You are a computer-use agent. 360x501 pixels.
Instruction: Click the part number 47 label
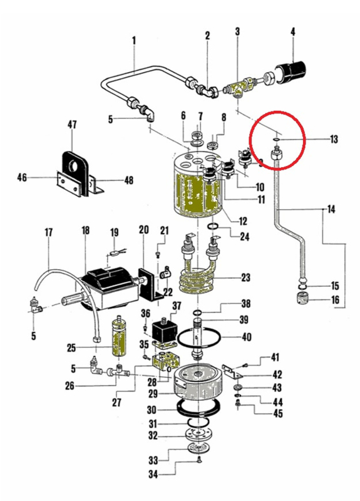(72, 125)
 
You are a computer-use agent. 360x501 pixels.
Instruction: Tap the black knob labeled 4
(291, 73)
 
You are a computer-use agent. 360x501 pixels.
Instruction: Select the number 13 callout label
(334, 139)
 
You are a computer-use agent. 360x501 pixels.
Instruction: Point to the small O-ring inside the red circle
(276, 139)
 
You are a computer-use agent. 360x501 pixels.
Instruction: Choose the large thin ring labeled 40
(199, 338)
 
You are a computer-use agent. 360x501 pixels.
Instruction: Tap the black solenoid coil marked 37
(165, 331)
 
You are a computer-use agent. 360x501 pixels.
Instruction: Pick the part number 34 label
(153, 474)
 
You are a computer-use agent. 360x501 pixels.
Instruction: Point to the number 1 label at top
(134, 41)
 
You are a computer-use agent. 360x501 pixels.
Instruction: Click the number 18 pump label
(85, 230)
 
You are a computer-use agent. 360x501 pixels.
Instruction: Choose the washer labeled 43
(237, 388)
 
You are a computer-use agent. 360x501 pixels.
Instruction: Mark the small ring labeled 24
(213, 227)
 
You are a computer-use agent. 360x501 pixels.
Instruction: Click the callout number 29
(153, 394)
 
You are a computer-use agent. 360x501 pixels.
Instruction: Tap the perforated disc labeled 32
(198, 434)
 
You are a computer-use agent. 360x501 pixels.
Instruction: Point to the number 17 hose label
(49, 232)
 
